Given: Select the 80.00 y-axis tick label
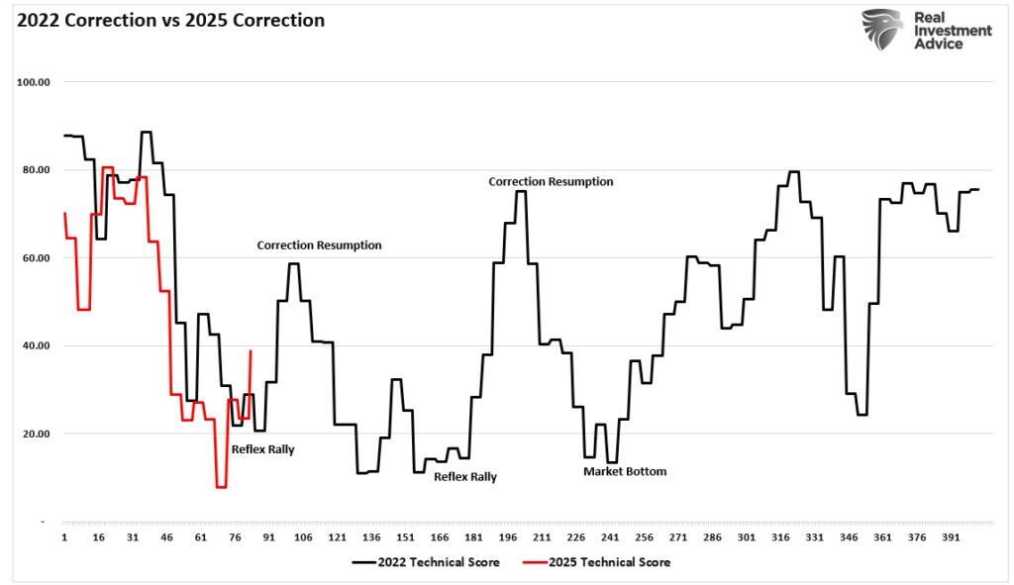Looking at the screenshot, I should pos(36,169).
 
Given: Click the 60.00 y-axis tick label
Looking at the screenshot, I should pos(36,257).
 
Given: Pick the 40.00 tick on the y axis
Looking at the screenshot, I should pos(36,345).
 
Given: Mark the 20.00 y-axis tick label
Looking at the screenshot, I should pos(36,434).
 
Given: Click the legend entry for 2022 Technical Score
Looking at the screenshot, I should pos(425,562).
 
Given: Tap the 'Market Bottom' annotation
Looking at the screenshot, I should pos(625,471).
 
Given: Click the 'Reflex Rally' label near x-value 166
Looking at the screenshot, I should pos(465,476).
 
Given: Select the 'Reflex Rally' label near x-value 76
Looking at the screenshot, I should pos(262,449).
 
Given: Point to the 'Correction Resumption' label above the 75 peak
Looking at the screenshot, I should pos(551,182).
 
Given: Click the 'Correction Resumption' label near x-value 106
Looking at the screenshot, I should pos(319,245).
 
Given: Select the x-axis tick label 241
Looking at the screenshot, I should pos(610,537).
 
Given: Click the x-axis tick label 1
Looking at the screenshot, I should pos(63,537).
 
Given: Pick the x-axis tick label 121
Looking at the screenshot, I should pos(337,537).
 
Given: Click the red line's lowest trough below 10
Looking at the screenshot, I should pos(221,486).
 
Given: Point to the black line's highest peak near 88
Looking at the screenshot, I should pos(147,132).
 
